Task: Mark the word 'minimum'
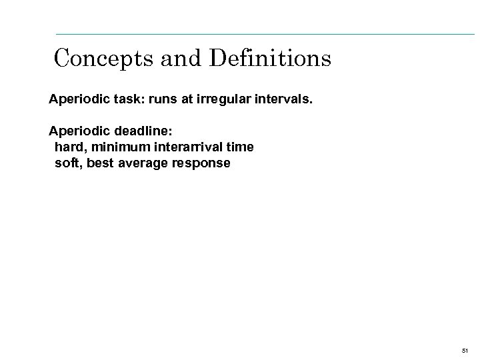pos(117,146)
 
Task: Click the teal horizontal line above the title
pos(267,33)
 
